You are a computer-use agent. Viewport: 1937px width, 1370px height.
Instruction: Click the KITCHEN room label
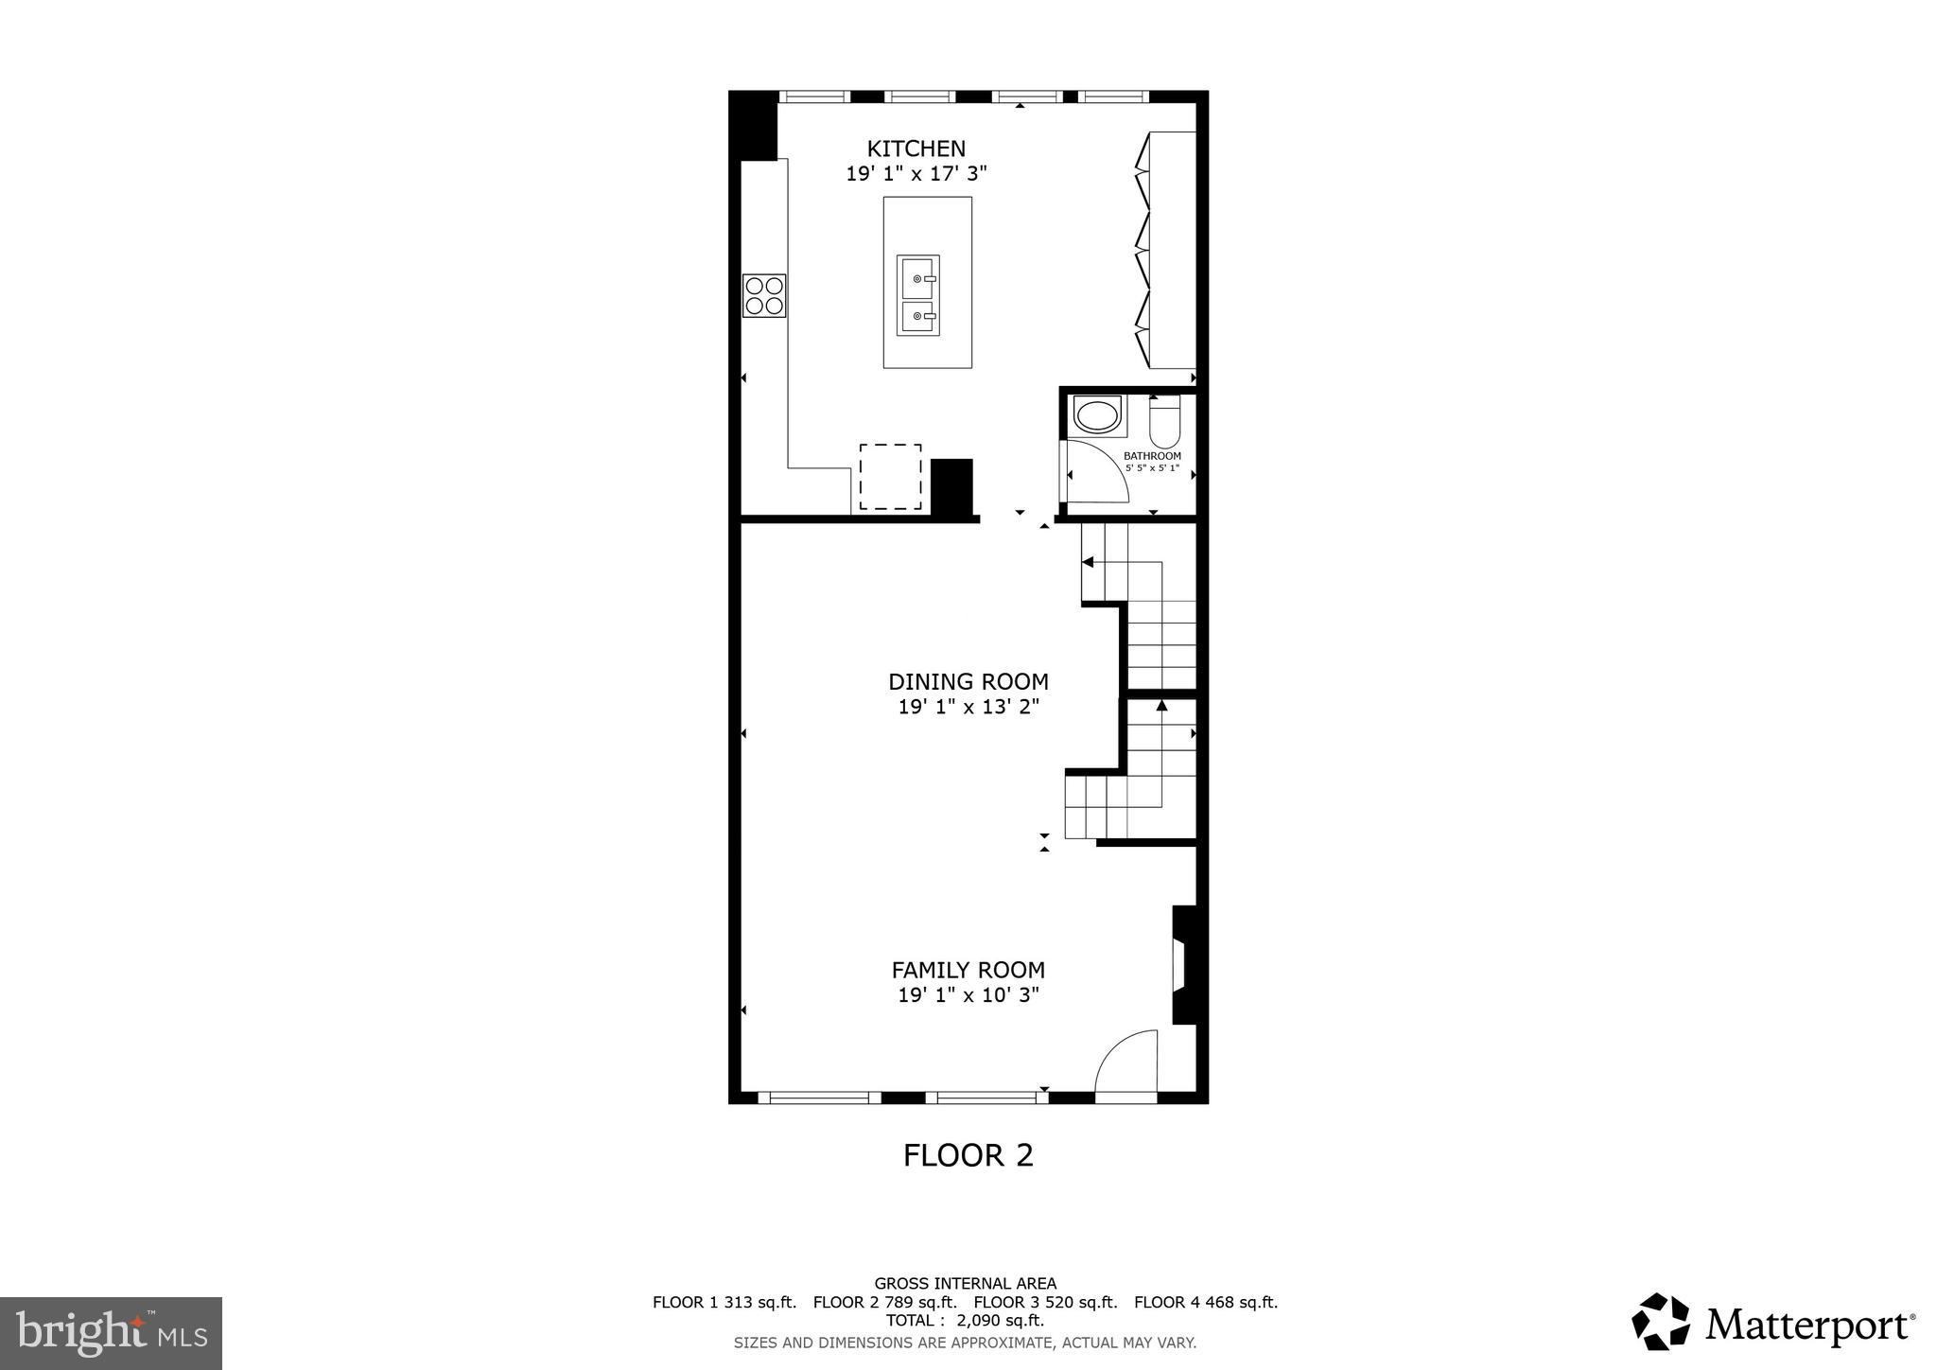pyautogui.click(x=916, y=149)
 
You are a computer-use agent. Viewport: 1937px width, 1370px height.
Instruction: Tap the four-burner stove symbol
pyautogui.click(x=764, y=295)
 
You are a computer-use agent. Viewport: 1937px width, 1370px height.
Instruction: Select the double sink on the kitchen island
pyautogui.click(x=917, y=295)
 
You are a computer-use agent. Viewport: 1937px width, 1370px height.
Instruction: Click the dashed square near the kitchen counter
pyautogui.click(x=890, y=477)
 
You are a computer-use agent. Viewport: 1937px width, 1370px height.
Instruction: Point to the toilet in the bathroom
pyautogui.click(x=1164, y=424)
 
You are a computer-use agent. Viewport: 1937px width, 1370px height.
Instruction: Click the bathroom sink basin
pyautogui.click(x=1097, y=415)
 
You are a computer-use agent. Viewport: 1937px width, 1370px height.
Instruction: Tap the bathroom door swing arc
pyautogui.click(x=1099, y=471)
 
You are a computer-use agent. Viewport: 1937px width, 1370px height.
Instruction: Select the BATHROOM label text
pyautogui.click(x=1152, y=456)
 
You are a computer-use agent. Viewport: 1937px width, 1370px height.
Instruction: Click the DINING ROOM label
pyautogui.click(x=968, y=681)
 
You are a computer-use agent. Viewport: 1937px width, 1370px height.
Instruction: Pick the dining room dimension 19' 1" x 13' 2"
pyautogui.click(x=968, y=707)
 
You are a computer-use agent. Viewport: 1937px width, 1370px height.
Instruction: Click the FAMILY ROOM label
pyautogui.click(x=968, y=970)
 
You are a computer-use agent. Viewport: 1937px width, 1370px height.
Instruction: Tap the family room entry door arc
pyautogui.click(x=1126, y=1064)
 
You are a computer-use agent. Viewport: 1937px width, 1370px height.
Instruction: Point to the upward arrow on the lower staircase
pyautogui.click(x=1161, y=705)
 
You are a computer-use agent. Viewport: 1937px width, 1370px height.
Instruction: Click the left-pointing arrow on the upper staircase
pyautogui.click(x=1088, y=562)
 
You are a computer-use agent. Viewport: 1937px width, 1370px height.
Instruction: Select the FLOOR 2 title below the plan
pyautogui.click(x=968, y=1155)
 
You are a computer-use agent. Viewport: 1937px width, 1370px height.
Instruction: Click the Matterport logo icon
pyautogui.click(x=1660, y=1321)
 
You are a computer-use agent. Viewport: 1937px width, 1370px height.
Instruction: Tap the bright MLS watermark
pyautogui.click(x=112, y=1333)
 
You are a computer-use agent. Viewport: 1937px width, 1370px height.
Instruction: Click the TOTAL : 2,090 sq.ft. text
pyautogui.click(x=965, y=1320)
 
